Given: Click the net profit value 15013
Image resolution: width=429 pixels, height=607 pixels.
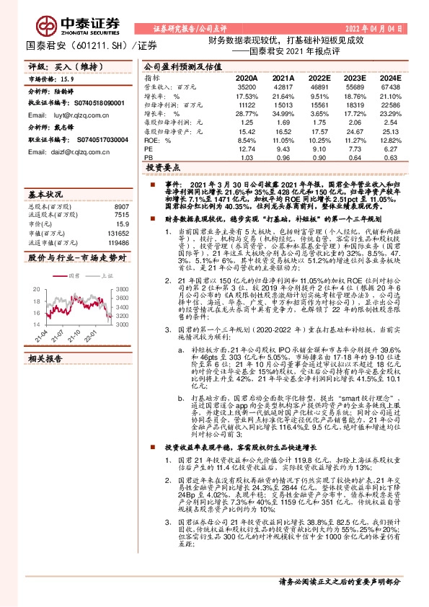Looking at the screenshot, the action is tap(283, 105).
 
